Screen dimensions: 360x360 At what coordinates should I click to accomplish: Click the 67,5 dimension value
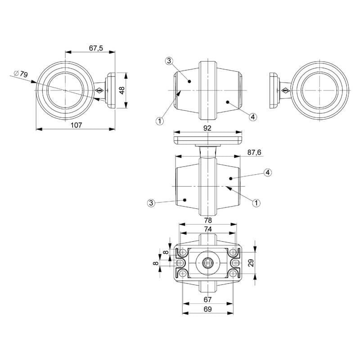(96, 48)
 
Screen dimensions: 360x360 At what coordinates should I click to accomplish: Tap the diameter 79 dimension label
(21, 74)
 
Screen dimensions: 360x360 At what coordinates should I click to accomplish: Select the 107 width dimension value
(76, 125)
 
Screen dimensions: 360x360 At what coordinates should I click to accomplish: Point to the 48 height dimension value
(122, 90)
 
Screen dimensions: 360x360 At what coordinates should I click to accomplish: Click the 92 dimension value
(207, 128)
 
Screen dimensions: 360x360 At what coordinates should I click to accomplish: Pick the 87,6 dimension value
(254, 153)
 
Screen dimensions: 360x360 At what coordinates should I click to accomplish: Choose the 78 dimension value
(208, 220)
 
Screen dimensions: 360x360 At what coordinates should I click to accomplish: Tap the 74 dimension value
(208, 229)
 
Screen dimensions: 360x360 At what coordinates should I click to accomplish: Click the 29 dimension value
(251, 263)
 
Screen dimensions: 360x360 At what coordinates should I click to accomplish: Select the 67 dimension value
(207, 300)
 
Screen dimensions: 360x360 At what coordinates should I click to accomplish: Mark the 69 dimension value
(207, 309)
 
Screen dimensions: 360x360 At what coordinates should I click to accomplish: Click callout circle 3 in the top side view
(169, 61)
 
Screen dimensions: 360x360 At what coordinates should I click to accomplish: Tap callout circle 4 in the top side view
(252, 117)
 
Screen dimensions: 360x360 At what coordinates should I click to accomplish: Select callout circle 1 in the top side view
(160, 121)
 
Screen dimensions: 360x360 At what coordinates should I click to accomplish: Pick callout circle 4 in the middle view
(268, 172)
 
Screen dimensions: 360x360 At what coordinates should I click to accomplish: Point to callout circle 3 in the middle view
(151, 203)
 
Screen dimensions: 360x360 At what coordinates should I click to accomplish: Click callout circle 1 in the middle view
(256, 203)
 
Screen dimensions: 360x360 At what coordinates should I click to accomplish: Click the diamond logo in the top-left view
(99, 90)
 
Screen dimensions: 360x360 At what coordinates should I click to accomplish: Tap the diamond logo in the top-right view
(285, 91)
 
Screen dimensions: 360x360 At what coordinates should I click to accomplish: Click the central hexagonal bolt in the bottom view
(207, 263)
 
